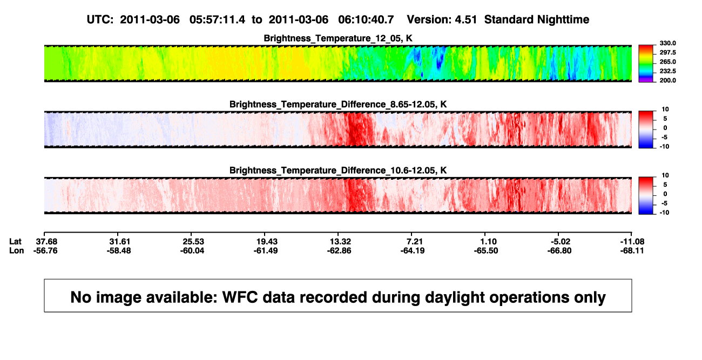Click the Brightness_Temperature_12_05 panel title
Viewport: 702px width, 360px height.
338,38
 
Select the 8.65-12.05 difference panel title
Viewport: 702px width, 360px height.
338,104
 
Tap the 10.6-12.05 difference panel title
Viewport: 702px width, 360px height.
338,171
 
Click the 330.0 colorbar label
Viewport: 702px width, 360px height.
667,43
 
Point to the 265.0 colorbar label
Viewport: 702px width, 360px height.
667,62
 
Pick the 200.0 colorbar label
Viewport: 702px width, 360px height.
667,80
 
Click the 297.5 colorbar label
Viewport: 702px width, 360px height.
667,52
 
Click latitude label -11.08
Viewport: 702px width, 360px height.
632,242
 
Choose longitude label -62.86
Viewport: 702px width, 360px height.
339,250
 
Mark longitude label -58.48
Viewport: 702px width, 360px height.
119,250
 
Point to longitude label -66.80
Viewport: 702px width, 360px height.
559,250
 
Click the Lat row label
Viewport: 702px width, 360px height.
15,242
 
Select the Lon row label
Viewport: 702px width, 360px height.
16,250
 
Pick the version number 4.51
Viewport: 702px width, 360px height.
465,19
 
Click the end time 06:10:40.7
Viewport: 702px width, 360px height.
366,19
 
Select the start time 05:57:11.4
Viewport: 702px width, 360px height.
217,19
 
